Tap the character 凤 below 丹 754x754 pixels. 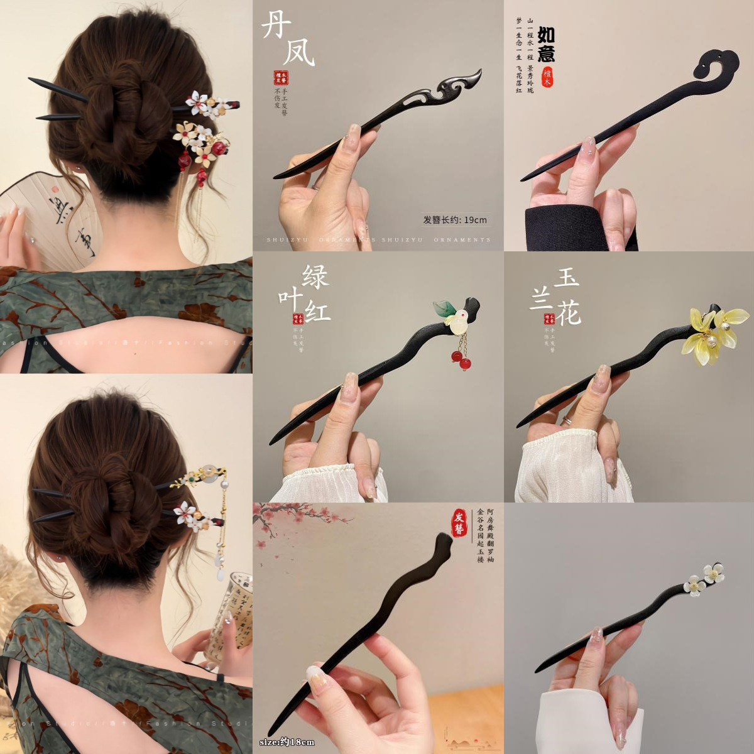(x=298, y=53)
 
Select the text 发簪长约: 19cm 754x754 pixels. (x=455, y=220)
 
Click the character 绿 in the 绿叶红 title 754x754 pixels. (x=315, y=276)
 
